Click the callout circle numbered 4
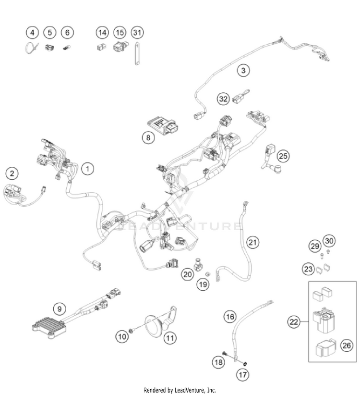pyautogui.click(x=32, y=33)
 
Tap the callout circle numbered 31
pyautogui.click(x=137, y=33)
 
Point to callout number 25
pyautogui.click(x=284, y=156)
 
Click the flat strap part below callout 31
pyautogui.click(x=137, y=53)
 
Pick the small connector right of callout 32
pyautogui.click(x=239, y=99)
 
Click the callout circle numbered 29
pyautogui.click(x=314, y=246)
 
